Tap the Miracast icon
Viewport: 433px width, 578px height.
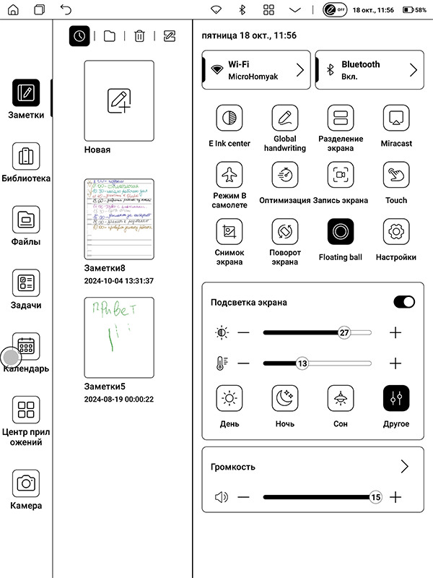point(396,118)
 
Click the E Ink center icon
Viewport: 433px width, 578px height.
point(229,118)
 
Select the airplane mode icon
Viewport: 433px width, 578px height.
point(229,175)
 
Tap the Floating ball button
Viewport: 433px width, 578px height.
point(340,231)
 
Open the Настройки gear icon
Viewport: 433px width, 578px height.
point(396,231)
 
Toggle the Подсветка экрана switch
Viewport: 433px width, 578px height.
point(404,302)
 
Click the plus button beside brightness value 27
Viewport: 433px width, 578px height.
point(395,333)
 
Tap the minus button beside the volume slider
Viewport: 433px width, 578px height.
point(243,497)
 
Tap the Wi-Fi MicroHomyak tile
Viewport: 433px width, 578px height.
point(256,69)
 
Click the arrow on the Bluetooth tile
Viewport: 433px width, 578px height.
point(414,69)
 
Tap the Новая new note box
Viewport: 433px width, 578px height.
point(119,100)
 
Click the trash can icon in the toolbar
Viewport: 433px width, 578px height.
point(140,35)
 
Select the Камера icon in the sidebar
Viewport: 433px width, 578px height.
point(26,483)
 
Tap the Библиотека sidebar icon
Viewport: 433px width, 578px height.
point(26,155)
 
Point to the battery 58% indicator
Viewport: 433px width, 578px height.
point(415,10)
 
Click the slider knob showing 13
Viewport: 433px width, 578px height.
point(302,363)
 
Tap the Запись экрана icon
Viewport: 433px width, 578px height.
point(340,175)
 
